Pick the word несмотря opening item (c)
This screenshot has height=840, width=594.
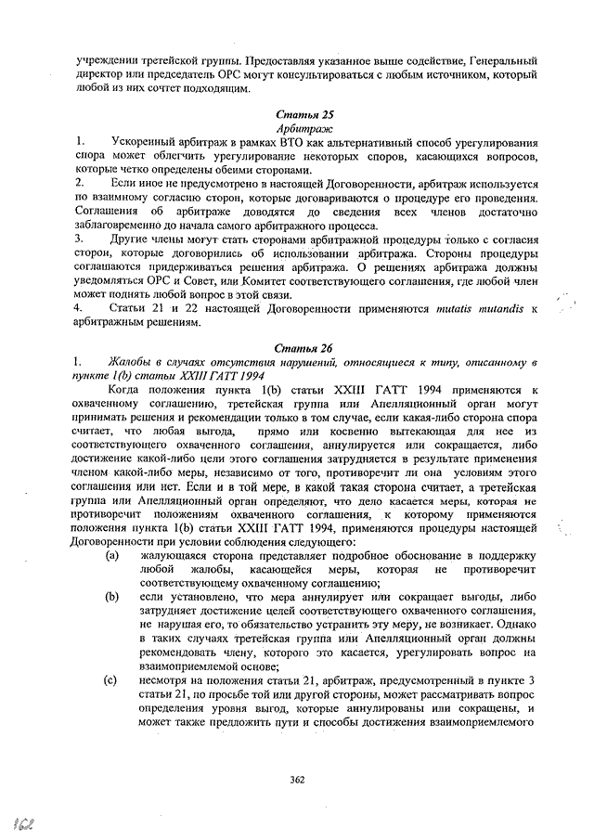coord(164,680)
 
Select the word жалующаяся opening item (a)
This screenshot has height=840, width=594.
coord(172,555)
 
